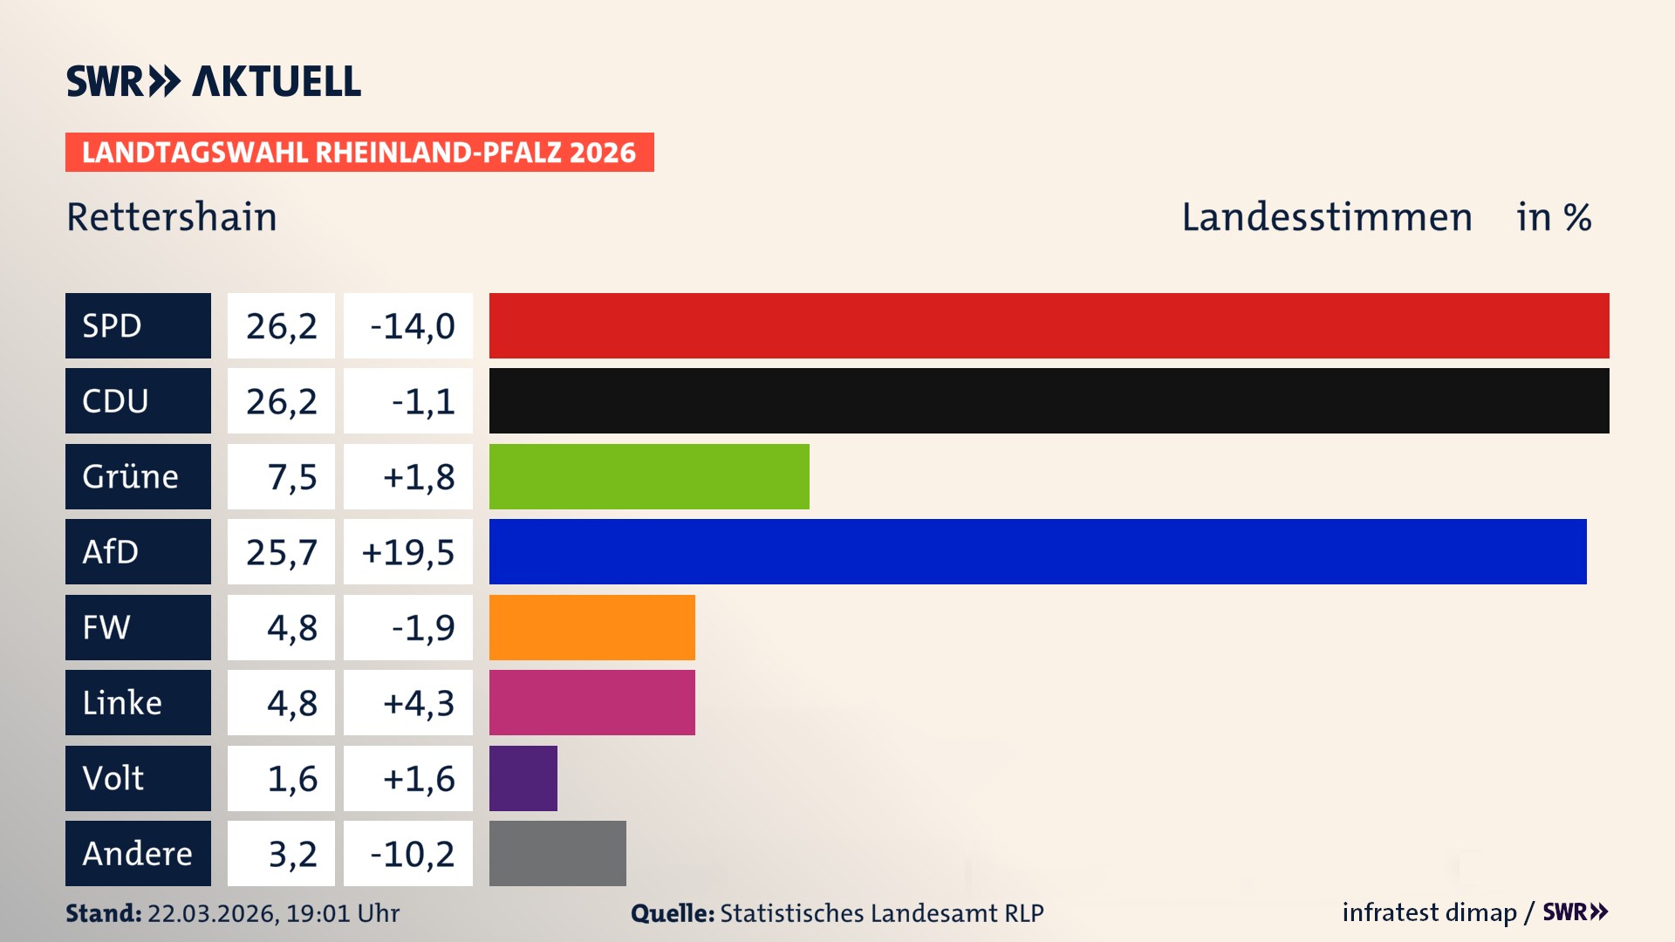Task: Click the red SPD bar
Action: [x=1049, y=325]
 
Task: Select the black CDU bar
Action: [x=1049, y=400]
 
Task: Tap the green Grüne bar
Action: [x=649, y=476]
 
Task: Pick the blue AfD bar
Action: [x=1037, y=551]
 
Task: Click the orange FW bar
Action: [x=591, y=627]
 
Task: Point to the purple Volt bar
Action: [x=523, y=778]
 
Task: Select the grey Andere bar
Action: [x=557, y=853]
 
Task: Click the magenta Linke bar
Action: [x=591, y=702]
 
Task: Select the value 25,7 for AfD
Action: [x=281, y=552]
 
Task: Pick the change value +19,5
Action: [x=408, y=552]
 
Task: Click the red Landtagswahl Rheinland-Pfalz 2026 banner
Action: [x=359, y=152]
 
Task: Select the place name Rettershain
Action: [x=172, y=217]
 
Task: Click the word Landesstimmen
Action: [x=1326, y=217]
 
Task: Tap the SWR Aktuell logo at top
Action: [x=214, y=81]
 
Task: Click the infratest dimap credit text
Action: [x=1429, y=912]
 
